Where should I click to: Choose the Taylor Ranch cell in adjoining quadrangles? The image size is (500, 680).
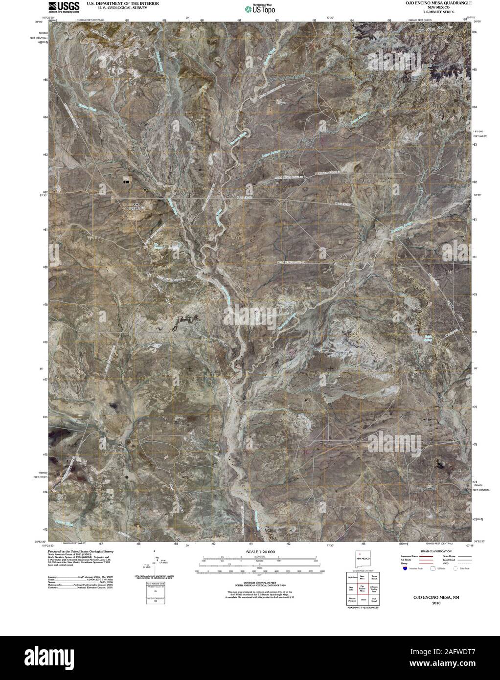(374, 578)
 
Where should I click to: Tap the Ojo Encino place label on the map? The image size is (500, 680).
(134, 206)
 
